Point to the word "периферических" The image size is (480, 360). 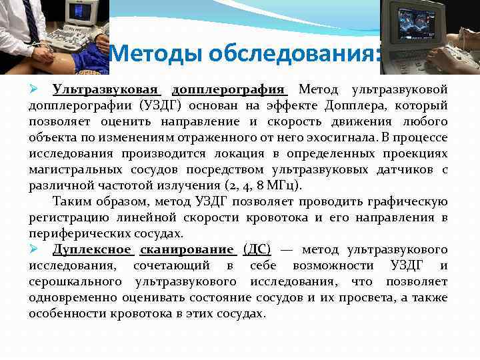[79, 233]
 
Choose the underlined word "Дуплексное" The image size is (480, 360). [91, 249]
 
